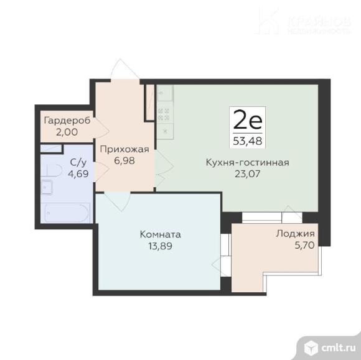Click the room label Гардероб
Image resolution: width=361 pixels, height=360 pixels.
pyautogui.click(x=67, y=120)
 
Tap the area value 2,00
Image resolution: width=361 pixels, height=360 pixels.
pyautogui.click(x=67, y=132)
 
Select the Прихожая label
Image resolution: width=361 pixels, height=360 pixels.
pyautogui.click(x=124, y=149)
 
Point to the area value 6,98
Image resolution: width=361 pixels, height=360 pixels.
pyautogui.click(x=124, y=160)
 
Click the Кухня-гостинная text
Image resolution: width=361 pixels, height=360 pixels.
pyautogui.click(x=247, y=163)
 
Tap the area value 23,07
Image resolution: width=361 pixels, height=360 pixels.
pyautogui.click(x=247, y=175)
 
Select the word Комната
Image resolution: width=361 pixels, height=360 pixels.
pyautogui.click(x=161, y=234)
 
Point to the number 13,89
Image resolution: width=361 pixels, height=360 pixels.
pyautogui.click(x=161, y=246)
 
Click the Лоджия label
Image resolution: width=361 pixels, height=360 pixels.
pyautogui.click(x=295, y=234)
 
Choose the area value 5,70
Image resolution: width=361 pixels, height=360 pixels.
pyautogui.click(x=295, y=246)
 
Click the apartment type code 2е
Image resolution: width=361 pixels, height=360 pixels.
pyautogui.click(x=247, y=118)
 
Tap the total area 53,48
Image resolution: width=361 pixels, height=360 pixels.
pyautogui.click(x=247, y=140)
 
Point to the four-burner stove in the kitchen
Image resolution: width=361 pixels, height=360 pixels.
pyautogui.click(x=164, y=114)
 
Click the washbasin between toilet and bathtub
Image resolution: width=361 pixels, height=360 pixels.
pyautogui.click(x=47, y=188)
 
